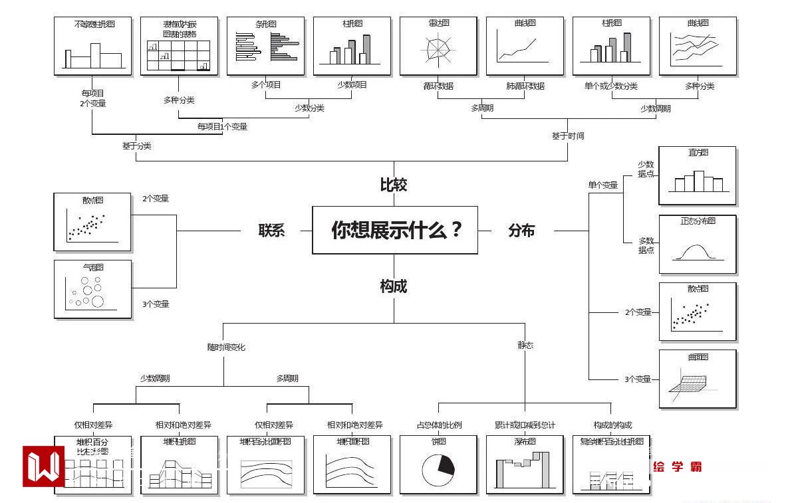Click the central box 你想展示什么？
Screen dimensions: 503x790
point(395,230)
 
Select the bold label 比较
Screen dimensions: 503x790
point(393,185)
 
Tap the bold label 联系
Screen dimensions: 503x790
point(271,231)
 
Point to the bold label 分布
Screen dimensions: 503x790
point(521,231)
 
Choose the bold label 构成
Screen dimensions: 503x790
point(393,286)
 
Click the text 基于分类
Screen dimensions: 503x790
point(136,146)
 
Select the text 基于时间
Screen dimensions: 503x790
point(568,136)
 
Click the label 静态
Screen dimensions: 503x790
point(525,345)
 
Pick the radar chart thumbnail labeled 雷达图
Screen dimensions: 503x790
point(438,46)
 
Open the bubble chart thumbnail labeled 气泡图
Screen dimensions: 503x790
point(92,289)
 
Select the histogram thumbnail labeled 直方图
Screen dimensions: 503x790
point(697,175)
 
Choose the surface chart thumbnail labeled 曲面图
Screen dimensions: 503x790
point(697,379)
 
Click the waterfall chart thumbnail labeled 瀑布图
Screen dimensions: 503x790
point(525,464)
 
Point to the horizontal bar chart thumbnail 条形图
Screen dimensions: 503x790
point(265,46)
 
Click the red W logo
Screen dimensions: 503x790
point(43,466)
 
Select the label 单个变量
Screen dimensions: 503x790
point(602,185)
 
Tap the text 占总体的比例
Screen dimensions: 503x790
point(439,425)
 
